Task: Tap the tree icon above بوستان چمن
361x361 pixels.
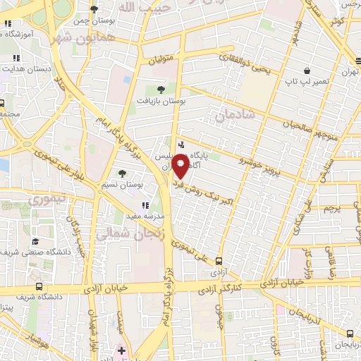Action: [94, 9]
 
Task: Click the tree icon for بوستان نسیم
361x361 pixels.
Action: [122, 173]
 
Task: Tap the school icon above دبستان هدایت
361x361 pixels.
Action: [16, 59]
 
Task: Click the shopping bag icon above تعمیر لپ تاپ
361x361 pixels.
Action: [307, 71]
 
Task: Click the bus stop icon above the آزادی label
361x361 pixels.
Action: [219, 261]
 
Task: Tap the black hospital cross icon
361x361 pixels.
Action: [121, 350]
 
